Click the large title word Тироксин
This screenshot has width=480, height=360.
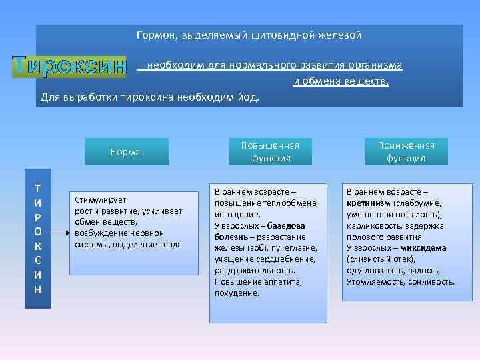pyautogui.click(x=69, y=67)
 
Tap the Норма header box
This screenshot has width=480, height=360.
pyautogui.click(x=125, y=152)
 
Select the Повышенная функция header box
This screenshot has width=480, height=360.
pyautogui.click(x=271, y=152)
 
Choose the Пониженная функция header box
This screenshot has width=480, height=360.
pyautogui.click(x=405, y=152)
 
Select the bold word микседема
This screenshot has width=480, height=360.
pyautogui.click(x=425, y=248)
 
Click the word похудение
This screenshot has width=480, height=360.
pyautogui.click(x=237, y=293)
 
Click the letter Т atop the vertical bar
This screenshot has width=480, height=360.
pyautogui.click(x=38, y=189)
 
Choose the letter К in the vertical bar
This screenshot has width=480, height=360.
pyautogui.click(x=38, y=246)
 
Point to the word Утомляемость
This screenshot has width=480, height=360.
pyautogui.click(x=374, y=282)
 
